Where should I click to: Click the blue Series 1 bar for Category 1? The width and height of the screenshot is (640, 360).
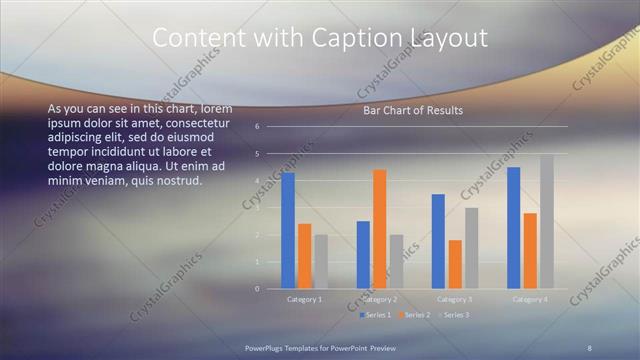288,231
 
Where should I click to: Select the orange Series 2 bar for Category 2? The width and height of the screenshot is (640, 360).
379,229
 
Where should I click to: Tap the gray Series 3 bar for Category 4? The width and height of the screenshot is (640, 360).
546,222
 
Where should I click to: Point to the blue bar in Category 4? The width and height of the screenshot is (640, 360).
514,228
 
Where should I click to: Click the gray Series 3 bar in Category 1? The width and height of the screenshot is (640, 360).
320,262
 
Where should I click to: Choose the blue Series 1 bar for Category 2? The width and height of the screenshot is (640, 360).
363,255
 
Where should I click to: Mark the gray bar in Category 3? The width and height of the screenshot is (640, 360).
471,248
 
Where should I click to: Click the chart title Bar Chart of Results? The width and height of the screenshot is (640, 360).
413,110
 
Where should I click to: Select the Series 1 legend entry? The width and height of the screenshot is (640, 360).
377,315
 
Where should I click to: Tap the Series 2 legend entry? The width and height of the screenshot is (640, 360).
416,315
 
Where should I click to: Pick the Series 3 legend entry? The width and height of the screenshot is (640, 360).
455,315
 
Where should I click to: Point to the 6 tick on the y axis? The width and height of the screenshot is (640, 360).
257,127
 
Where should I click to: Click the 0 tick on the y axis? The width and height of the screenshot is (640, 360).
257,289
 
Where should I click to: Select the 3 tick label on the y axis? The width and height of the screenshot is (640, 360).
257,208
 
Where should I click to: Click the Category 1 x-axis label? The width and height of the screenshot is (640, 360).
304,299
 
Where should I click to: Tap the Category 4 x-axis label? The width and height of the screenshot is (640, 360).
530,299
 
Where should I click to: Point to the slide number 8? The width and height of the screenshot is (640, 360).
589,347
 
